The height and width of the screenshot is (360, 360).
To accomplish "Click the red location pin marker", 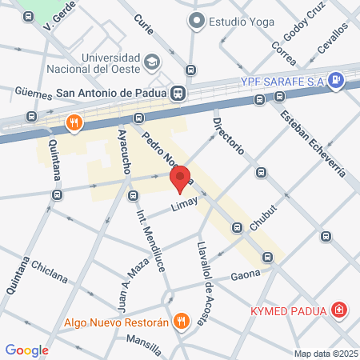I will point(182,179).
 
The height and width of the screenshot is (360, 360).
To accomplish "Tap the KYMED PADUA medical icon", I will point(341,310).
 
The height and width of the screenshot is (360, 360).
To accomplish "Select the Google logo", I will point(26,350).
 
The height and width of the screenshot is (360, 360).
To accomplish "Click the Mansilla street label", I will point(143,344).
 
